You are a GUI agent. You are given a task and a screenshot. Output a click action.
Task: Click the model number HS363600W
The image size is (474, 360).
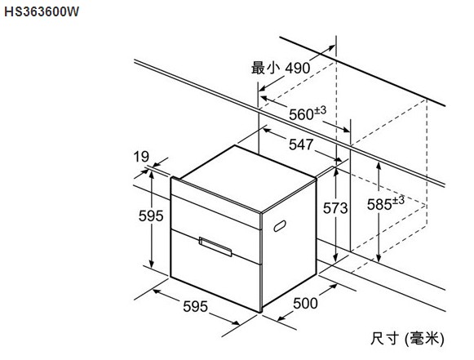(x=42, y=11)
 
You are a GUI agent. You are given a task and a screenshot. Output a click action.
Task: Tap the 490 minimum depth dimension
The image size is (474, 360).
(x=298, y=68)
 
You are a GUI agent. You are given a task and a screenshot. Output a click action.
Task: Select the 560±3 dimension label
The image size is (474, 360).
(x=308, y=113)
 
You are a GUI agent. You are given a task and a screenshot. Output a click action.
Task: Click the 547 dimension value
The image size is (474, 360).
(x=301, y=144)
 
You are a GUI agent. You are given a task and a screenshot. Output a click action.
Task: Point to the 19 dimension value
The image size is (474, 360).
(x=141, y=157)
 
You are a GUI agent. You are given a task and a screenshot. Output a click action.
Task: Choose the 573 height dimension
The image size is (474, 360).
(x=335, y=208)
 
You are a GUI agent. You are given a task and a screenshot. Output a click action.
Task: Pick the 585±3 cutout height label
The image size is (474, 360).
(x=385, y=203)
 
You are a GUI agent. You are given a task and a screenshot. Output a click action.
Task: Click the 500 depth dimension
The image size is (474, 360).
(x=305, y=303)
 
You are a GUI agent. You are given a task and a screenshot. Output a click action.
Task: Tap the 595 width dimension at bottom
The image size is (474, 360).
(x=195, y=306)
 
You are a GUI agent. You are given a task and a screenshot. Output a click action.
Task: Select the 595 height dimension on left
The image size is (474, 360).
(x=151, y=216)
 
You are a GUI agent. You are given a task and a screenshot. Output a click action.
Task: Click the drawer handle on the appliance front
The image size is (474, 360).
(x=215, y=247)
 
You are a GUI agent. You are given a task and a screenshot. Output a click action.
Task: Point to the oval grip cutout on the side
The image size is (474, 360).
(x=280, y=226)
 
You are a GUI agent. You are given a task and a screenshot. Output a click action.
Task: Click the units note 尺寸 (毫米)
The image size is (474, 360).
(x=407, y=338)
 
